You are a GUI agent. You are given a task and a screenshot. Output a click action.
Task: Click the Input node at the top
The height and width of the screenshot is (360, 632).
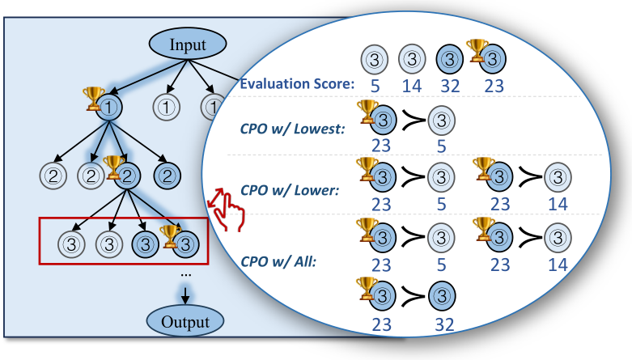coord(188,44)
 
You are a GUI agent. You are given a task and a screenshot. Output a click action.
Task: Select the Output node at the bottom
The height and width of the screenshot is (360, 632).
coord(185,322)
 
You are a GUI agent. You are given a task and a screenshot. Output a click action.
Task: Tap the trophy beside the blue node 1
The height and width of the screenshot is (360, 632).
coord(91,98)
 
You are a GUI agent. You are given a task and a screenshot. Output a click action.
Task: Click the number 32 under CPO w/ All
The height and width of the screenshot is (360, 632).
coord(440,324)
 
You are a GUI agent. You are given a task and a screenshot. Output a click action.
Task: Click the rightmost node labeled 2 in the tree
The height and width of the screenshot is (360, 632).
coord(168,173)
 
